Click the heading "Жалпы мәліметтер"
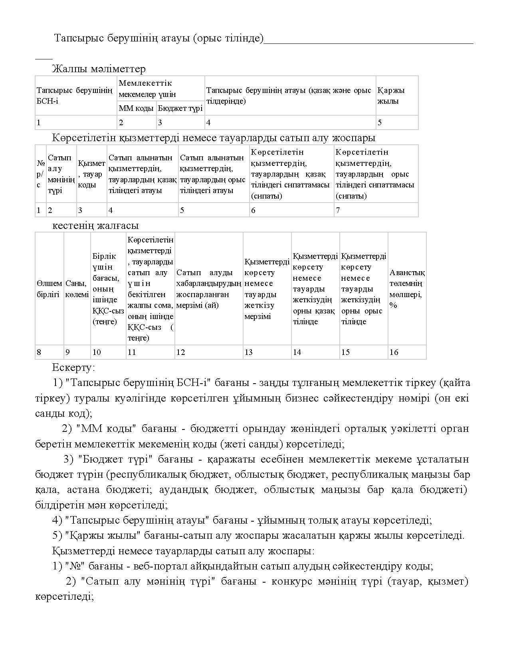click(x=99, y=69)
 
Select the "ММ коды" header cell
click(x=136, y=108)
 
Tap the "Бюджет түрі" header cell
click(x=180, y=108)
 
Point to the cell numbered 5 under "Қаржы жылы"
click(x=397, y=122)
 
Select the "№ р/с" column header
click(x=41, y=174)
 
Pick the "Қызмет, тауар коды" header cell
click(x=91, y=174)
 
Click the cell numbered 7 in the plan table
click(x=376, y=210)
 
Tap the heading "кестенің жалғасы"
click(x=95, y=226)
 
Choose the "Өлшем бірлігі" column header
click(x=49, y=289)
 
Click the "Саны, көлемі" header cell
click(x=77, y=289)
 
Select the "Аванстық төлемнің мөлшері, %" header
click(x=407, y=289)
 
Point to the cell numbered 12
click(x=209, y=352)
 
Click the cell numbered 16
click(x=407, y=352)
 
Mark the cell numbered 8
click(x=49, y=352)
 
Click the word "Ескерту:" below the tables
click(x=73, y=367)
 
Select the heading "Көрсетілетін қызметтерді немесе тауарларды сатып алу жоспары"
click(x=214, y=138)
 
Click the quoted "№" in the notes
click(x=73, y=566)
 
